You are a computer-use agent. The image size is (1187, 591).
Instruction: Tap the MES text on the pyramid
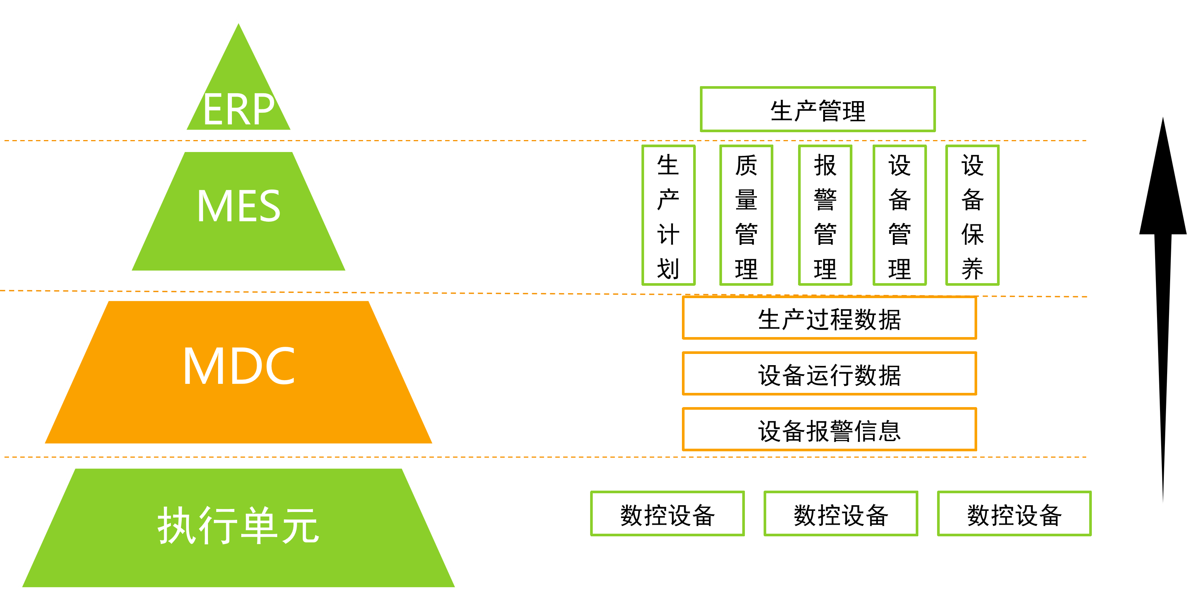coord(238,206)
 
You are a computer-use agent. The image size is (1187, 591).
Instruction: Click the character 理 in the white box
coord(854,111)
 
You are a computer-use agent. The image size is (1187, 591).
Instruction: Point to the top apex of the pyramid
coord(239,20)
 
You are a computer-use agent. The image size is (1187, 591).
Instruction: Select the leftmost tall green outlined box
coord(668,215)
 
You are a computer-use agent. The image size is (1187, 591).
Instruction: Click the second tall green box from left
coord(746,215)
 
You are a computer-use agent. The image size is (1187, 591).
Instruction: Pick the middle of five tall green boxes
coord(825,215)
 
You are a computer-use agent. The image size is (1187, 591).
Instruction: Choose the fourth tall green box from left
coord(900,215)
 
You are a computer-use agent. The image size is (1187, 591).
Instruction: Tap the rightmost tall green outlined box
coord(972,215)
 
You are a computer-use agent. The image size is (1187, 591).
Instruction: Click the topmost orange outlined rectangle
coord(829,318)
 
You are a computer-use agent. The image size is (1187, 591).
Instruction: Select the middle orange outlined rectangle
coord(829,373)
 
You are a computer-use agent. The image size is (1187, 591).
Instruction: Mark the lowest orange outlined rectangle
coord(829,429)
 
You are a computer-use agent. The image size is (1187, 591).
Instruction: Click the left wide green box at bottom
coord(667,513)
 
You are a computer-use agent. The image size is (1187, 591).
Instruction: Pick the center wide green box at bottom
coord(840,513)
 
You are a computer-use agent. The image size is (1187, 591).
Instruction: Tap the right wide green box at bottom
coord(1014,513)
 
